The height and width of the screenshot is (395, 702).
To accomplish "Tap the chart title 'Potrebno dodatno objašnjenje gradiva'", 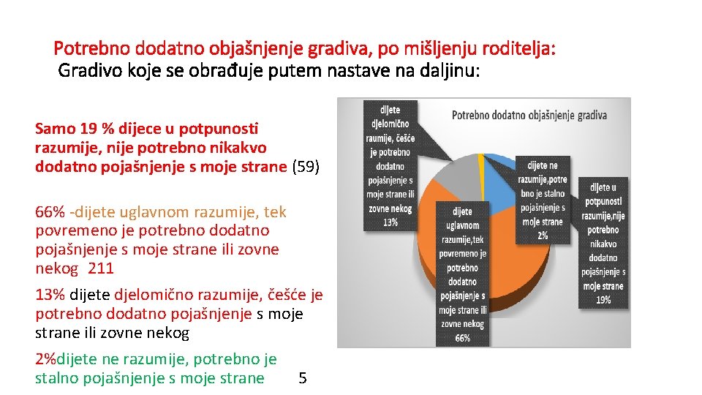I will click(x=529, y=115).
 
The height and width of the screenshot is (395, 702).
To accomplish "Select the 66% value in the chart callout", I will click(x=462, y=338).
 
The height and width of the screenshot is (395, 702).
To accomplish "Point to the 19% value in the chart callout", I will click(x=603, y=298).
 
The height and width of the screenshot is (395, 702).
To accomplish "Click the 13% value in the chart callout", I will click(x=390, y=222).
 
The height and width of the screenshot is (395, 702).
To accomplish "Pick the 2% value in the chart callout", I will click(x=542, y=234).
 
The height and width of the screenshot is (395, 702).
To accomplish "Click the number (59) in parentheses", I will click(x=306, y=167).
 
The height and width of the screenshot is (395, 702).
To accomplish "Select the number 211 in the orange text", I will click(x=101, y=268).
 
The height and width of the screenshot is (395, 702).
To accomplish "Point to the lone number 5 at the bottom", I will click(x=303, y=378).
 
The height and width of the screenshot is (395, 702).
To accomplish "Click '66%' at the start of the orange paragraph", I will click(x=50, y=213).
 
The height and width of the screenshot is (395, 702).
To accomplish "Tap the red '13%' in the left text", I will click(x=50, y=295).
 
